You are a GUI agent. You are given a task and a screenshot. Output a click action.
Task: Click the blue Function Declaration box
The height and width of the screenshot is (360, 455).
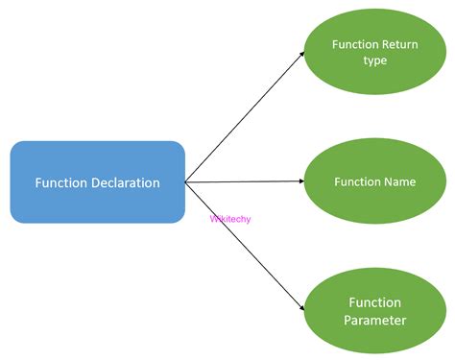point(97,181)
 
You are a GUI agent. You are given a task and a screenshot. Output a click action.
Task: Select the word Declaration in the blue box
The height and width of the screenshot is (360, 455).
point(125,182)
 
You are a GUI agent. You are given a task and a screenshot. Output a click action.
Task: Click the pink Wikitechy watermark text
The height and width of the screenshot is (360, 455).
point(227,218)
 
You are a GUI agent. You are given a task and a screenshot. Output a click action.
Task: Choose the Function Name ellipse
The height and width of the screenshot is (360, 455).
point(374,181)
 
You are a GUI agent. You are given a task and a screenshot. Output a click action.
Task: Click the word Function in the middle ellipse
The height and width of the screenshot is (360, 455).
point(357,181)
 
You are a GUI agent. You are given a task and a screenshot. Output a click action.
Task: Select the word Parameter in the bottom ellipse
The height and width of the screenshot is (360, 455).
point(375,320)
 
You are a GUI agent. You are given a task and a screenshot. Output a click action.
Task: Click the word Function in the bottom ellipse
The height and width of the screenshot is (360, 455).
point(375,301)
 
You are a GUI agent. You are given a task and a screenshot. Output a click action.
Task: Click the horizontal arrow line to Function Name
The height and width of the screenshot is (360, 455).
point(245,180)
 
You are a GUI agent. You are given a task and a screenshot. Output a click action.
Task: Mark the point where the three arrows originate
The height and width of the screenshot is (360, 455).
point(185,180)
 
